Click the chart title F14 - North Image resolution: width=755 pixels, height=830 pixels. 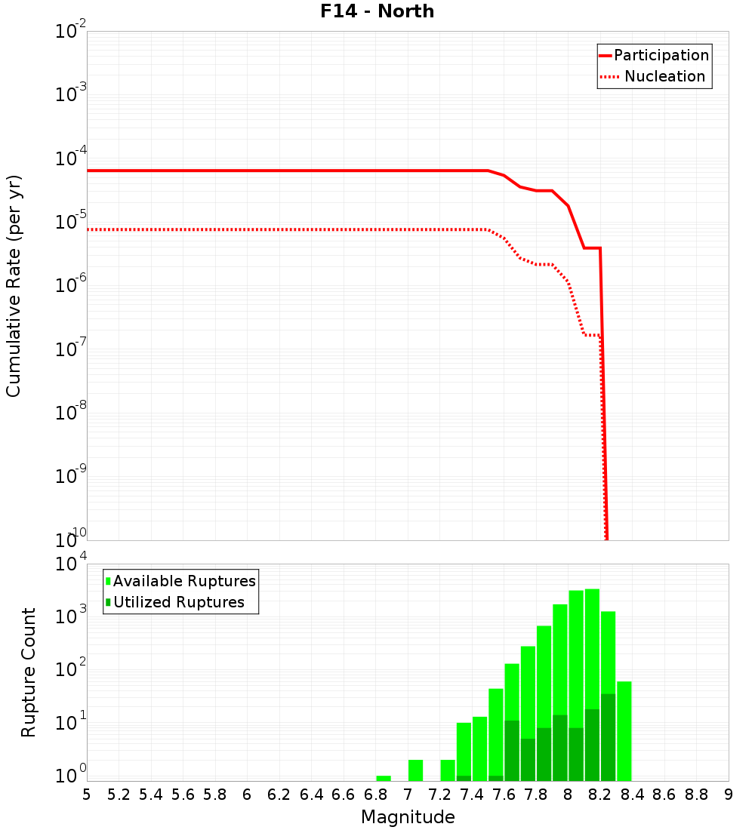point(375,11)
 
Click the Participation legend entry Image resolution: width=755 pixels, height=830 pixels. point(661,55)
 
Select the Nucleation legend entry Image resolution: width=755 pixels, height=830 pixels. point(664,76)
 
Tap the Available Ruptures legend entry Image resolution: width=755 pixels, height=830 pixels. point(183,581)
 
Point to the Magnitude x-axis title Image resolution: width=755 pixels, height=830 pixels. point(408,817)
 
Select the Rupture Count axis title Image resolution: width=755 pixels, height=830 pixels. point(29,672)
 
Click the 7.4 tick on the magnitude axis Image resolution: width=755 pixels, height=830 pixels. point(472,794)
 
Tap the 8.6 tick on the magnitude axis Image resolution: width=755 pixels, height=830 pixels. point(664,794)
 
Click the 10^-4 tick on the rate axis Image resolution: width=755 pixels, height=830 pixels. point(70,158)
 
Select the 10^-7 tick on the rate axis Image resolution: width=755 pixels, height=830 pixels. point(70,349)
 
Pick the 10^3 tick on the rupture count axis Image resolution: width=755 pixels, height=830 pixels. point(70,616)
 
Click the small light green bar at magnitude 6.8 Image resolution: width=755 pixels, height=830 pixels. point(384,778)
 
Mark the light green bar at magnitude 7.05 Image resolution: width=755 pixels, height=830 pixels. point(415,770)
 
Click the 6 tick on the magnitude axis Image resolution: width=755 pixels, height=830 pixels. point(247,794)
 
